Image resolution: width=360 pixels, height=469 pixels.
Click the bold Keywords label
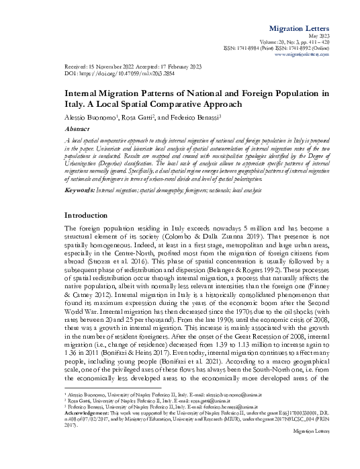click(x=79, y=172)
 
